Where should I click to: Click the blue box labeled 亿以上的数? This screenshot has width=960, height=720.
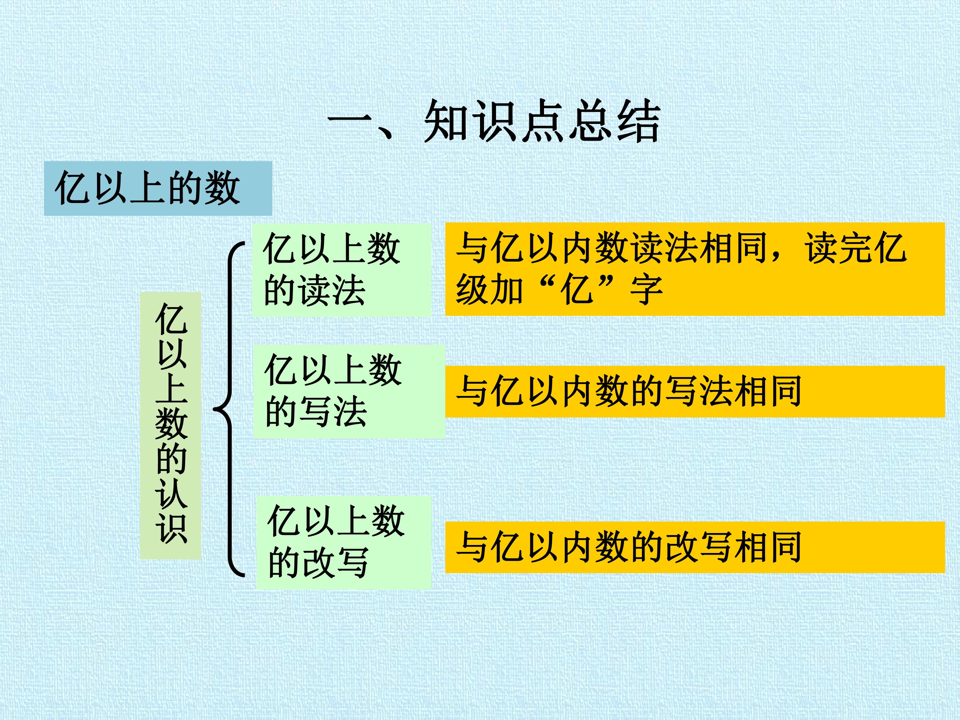(x=158, y=188)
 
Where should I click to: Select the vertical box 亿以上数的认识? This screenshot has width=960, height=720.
(x=171, y=425)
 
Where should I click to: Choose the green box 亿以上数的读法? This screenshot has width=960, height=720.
(x=342, y=270)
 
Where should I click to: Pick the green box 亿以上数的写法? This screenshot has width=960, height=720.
(x=349, y=391)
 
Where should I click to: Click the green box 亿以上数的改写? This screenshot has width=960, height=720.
(x=344, y=542)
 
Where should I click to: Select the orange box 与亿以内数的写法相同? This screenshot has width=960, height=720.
(x=695, y=391)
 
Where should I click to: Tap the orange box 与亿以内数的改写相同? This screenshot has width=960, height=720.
(x=695, y=547)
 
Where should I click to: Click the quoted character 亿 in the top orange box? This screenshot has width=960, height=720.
(x=577, y=290)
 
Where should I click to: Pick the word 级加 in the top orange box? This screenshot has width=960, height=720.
(x=489, y=290)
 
